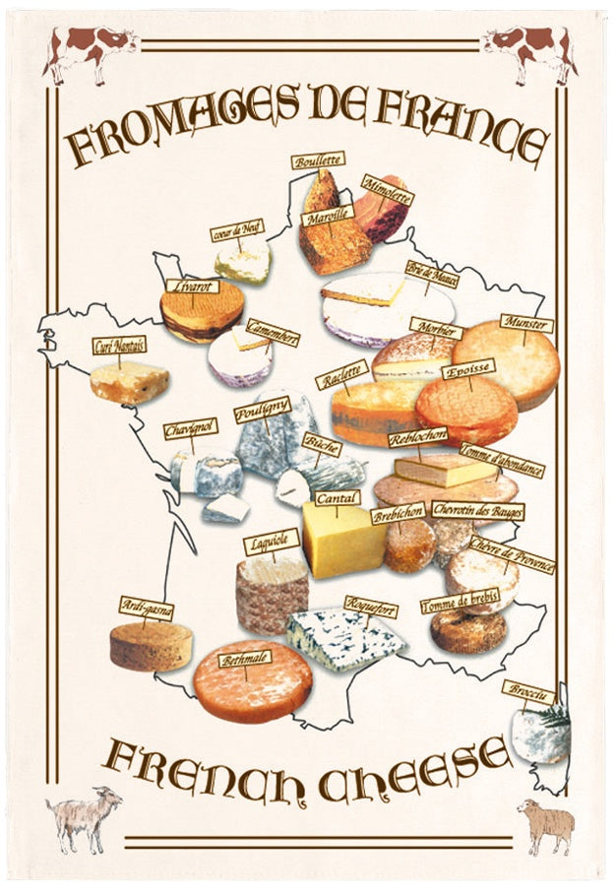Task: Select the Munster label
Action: point(526,325)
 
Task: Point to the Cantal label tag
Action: point(337,498)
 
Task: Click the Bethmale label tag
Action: point(246,659)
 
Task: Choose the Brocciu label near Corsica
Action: point(528,692)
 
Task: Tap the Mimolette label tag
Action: point(387,189)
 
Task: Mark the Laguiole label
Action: point(271,542)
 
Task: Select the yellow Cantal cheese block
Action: point(341,539)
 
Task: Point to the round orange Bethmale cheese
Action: point(252,683)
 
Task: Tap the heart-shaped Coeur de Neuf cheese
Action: point(243,262)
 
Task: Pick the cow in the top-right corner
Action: point(529,49)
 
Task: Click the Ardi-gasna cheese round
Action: point(151,645)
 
